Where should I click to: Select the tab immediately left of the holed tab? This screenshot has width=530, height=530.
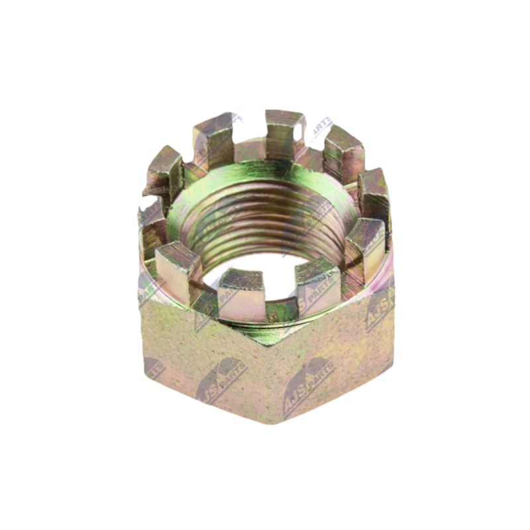(x=214, y=139)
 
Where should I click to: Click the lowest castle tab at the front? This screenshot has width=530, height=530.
(x=242, y=295)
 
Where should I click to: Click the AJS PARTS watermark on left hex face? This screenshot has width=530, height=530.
(x=219, y=380)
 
